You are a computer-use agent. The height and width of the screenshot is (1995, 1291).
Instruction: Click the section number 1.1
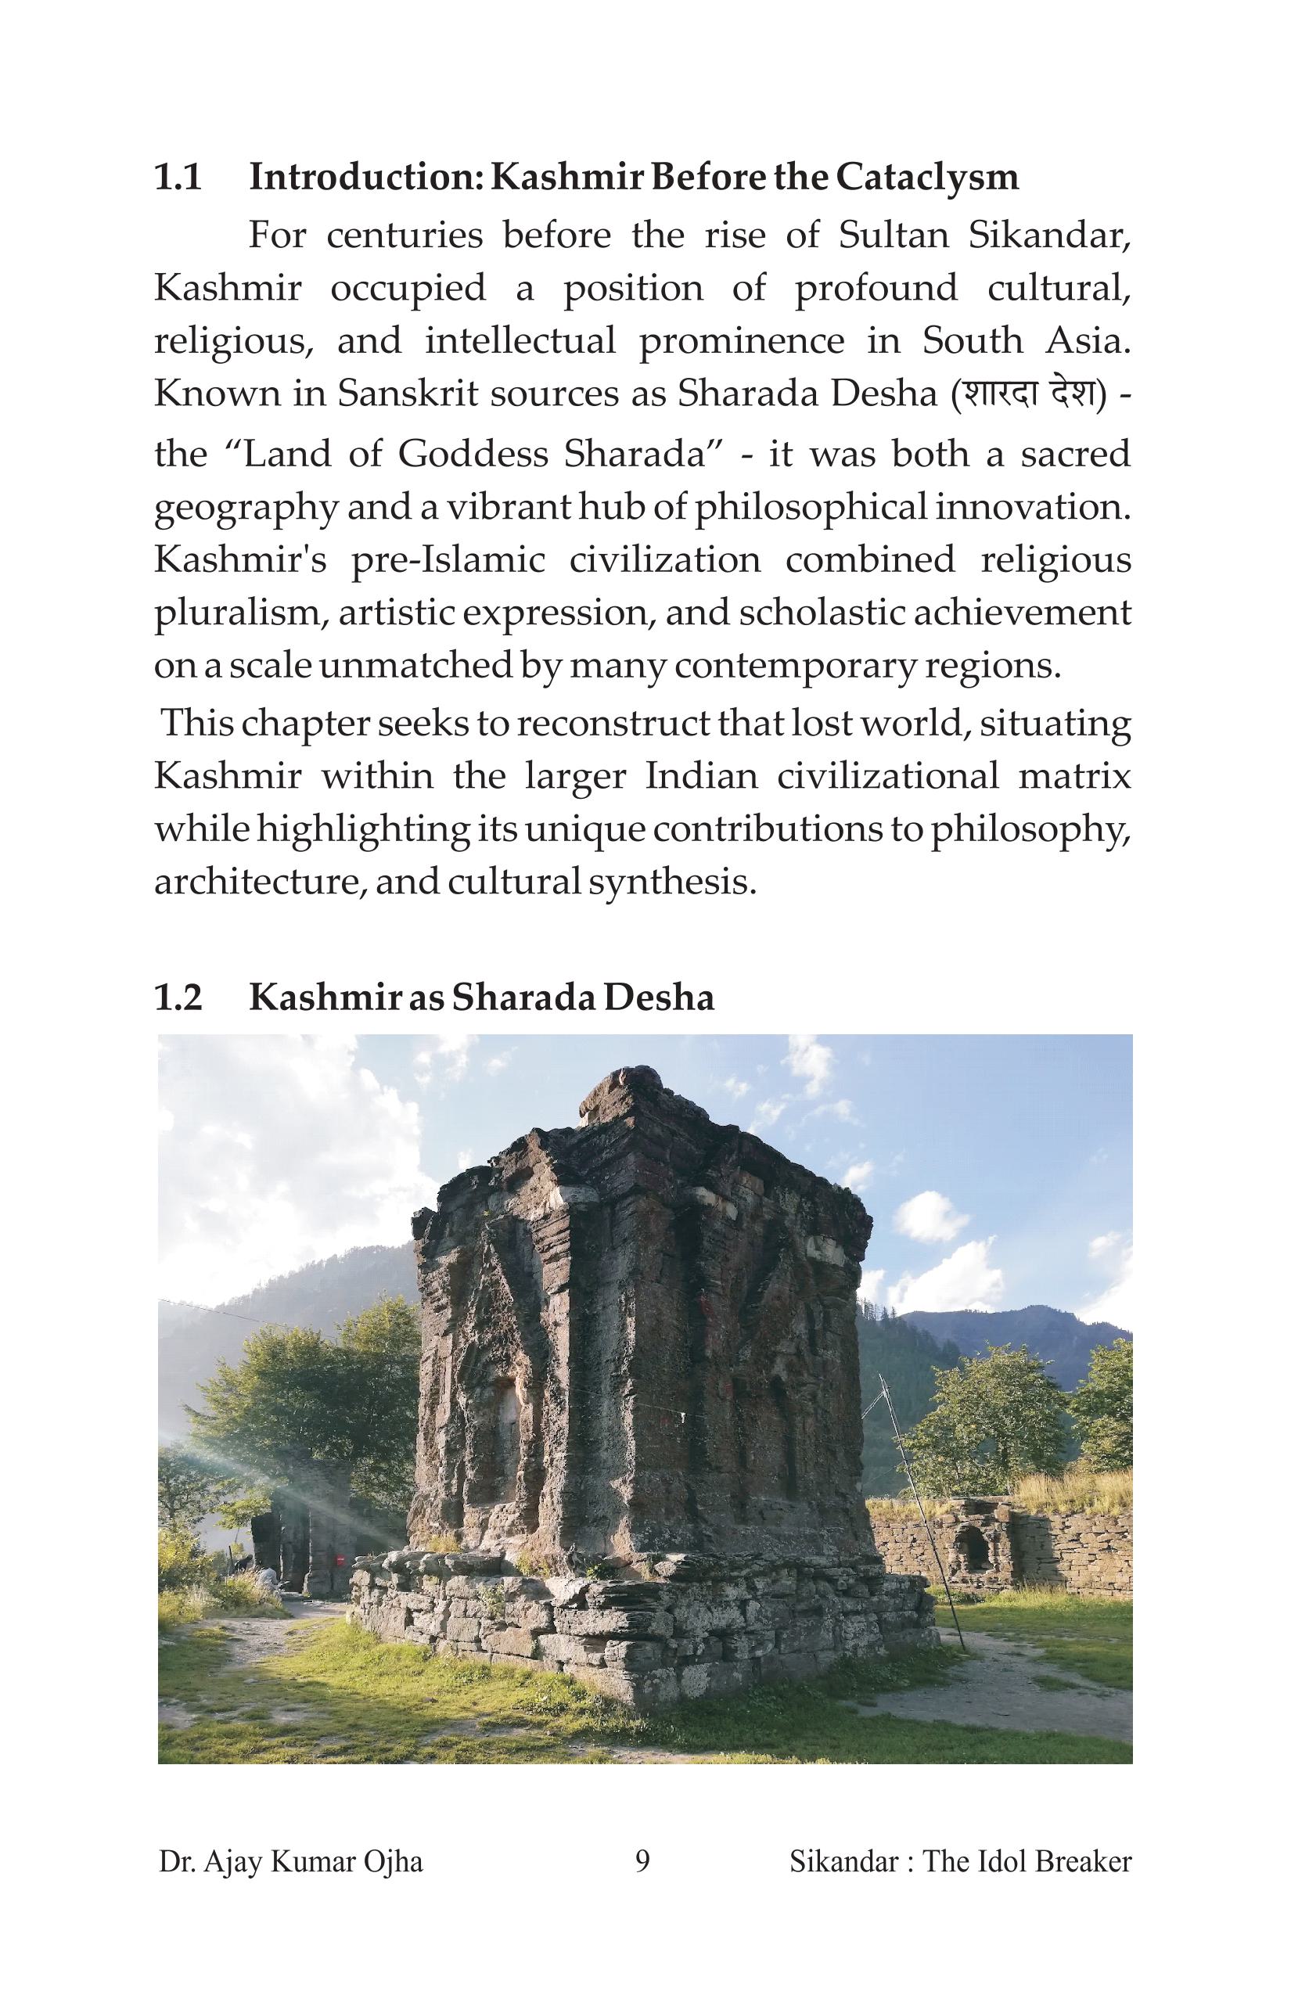pos(178,178)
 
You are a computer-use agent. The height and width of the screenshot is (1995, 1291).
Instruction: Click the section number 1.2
pos(178,997)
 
